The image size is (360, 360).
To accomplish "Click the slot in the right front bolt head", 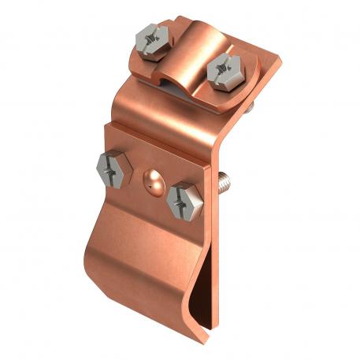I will [186, 197].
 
